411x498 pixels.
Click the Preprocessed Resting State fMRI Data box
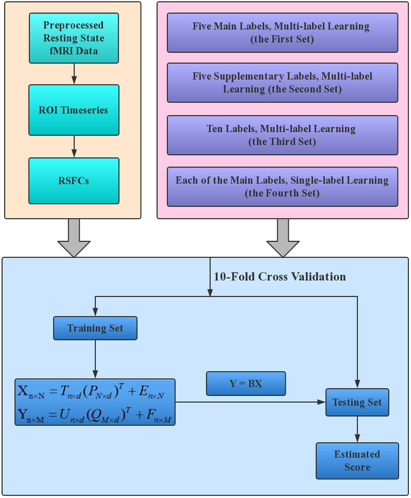pos(74,38)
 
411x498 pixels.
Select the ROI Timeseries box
pos(74,110)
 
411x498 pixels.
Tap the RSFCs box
pos(74,181)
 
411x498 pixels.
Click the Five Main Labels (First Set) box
pos(282,33)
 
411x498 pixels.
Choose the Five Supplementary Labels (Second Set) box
pos(282,83)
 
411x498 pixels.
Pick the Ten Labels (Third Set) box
pos(282,135)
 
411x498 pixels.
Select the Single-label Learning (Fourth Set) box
pos(282,186)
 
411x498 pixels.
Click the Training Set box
pos(95,328)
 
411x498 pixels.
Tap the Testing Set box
pos(357,402)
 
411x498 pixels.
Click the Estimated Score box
pos(357,460)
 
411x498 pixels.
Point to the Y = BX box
pos(246,384)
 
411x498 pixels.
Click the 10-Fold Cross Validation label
pos(279,277)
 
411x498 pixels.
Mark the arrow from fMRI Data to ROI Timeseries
pos(74,74)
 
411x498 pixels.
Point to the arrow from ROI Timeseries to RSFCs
pos(74,147)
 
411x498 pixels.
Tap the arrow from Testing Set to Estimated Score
pos(357,429)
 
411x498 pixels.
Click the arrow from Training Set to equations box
pos(95,359)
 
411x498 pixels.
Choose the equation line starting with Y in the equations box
pos(94,415)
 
